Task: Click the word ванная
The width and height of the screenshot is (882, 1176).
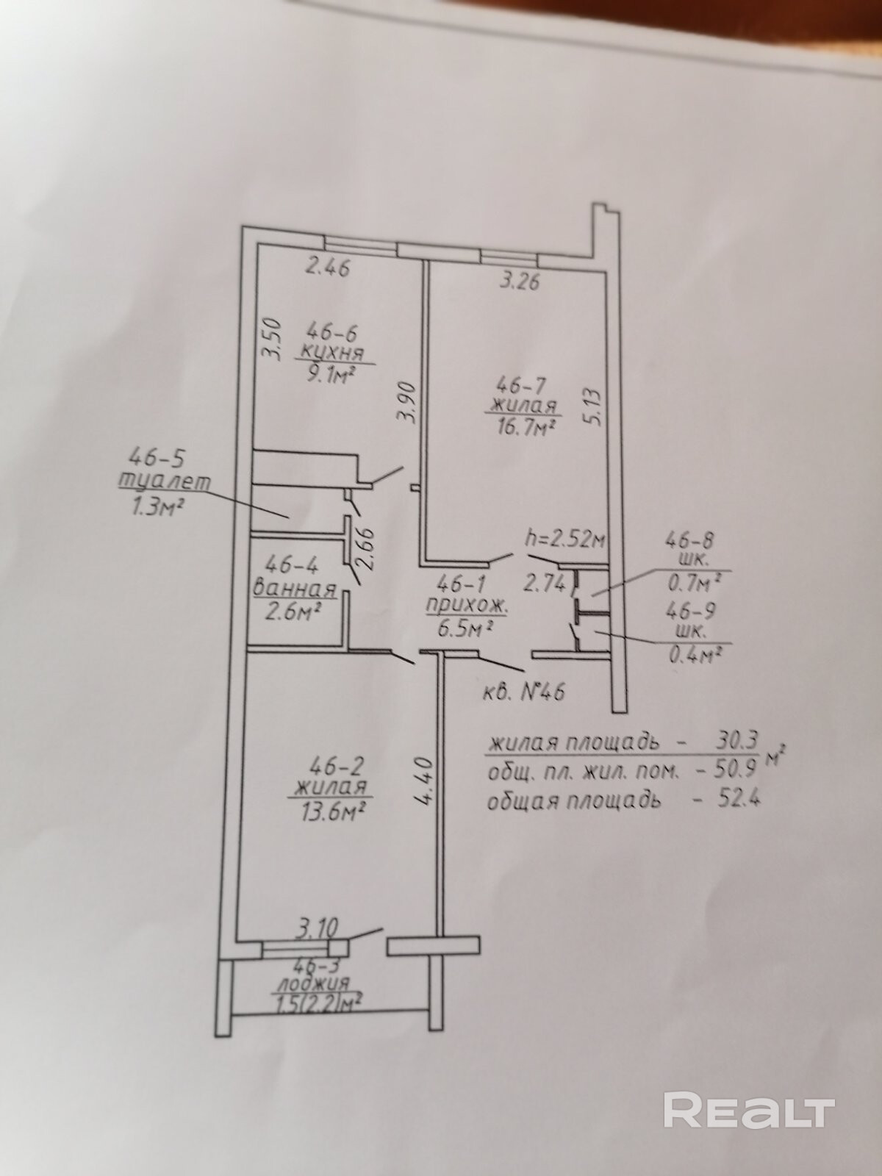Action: click(294, 589)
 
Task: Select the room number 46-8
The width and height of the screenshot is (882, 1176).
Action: click(690, 542)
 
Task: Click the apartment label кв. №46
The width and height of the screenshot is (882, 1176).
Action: click(524, 691)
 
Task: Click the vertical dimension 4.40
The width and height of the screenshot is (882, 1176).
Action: click(430, 786)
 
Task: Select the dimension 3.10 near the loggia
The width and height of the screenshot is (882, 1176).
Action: click(316, 928)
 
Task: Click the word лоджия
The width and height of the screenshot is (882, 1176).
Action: click(312, 983)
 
